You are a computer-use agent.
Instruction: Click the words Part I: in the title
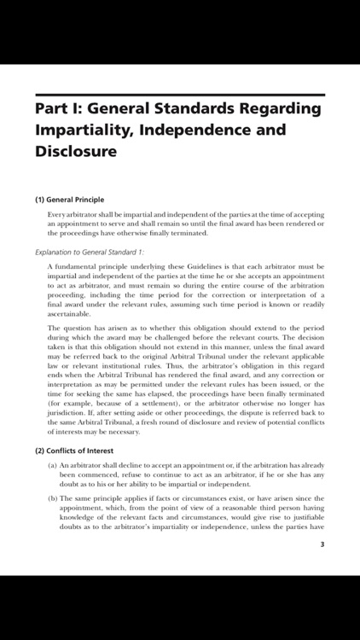tap(59, 109)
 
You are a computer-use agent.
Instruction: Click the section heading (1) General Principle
tap(72, 199)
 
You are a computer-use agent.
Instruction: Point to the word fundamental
tap(80, 267)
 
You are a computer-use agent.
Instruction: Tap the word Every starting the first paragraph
tap(59, 213)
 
